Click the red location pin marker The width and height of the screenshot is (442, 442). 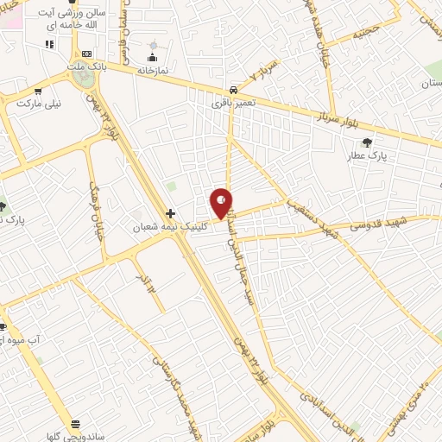click(x=222, y=203)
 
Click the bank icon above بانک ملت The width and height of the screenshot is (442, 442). click(x=86, y=54)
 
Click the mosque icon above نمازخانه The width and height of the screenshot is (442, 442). click(x=155, y=46)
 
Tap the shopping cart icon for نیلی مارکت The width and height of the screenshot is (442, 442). click(x=37, y=90)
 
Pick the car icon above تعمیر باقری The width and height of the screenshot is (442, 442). click(x=235, y=89)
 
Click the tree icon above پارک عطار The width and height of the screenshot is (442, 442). click(x=369, y=142)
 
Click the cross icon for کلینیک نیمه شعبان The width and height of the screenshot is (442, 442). click(x=171, y=213)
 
